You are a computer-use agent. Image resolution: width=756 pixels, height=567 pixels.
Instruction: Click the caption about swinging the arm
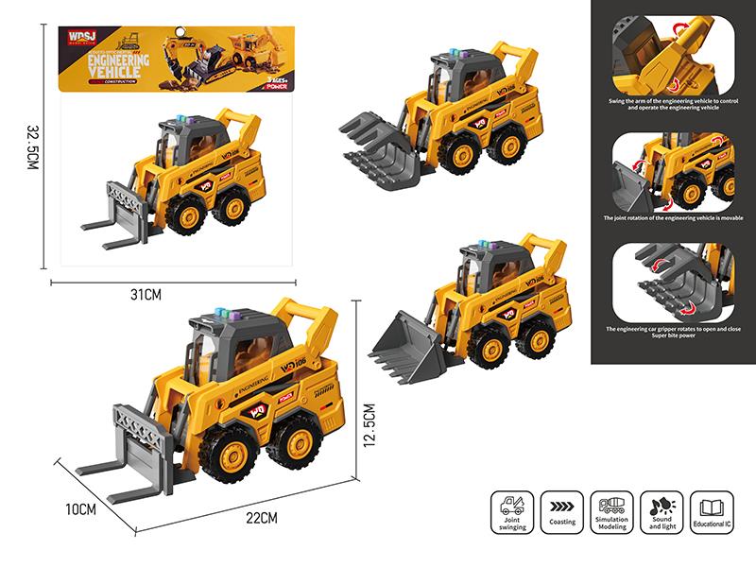673,103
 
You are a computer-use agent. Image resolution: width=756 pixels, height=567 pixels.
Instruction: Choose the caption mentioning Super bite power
673,334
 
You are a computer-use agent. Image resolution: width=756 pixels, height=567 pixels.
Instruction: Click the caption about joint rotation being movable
673,217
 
